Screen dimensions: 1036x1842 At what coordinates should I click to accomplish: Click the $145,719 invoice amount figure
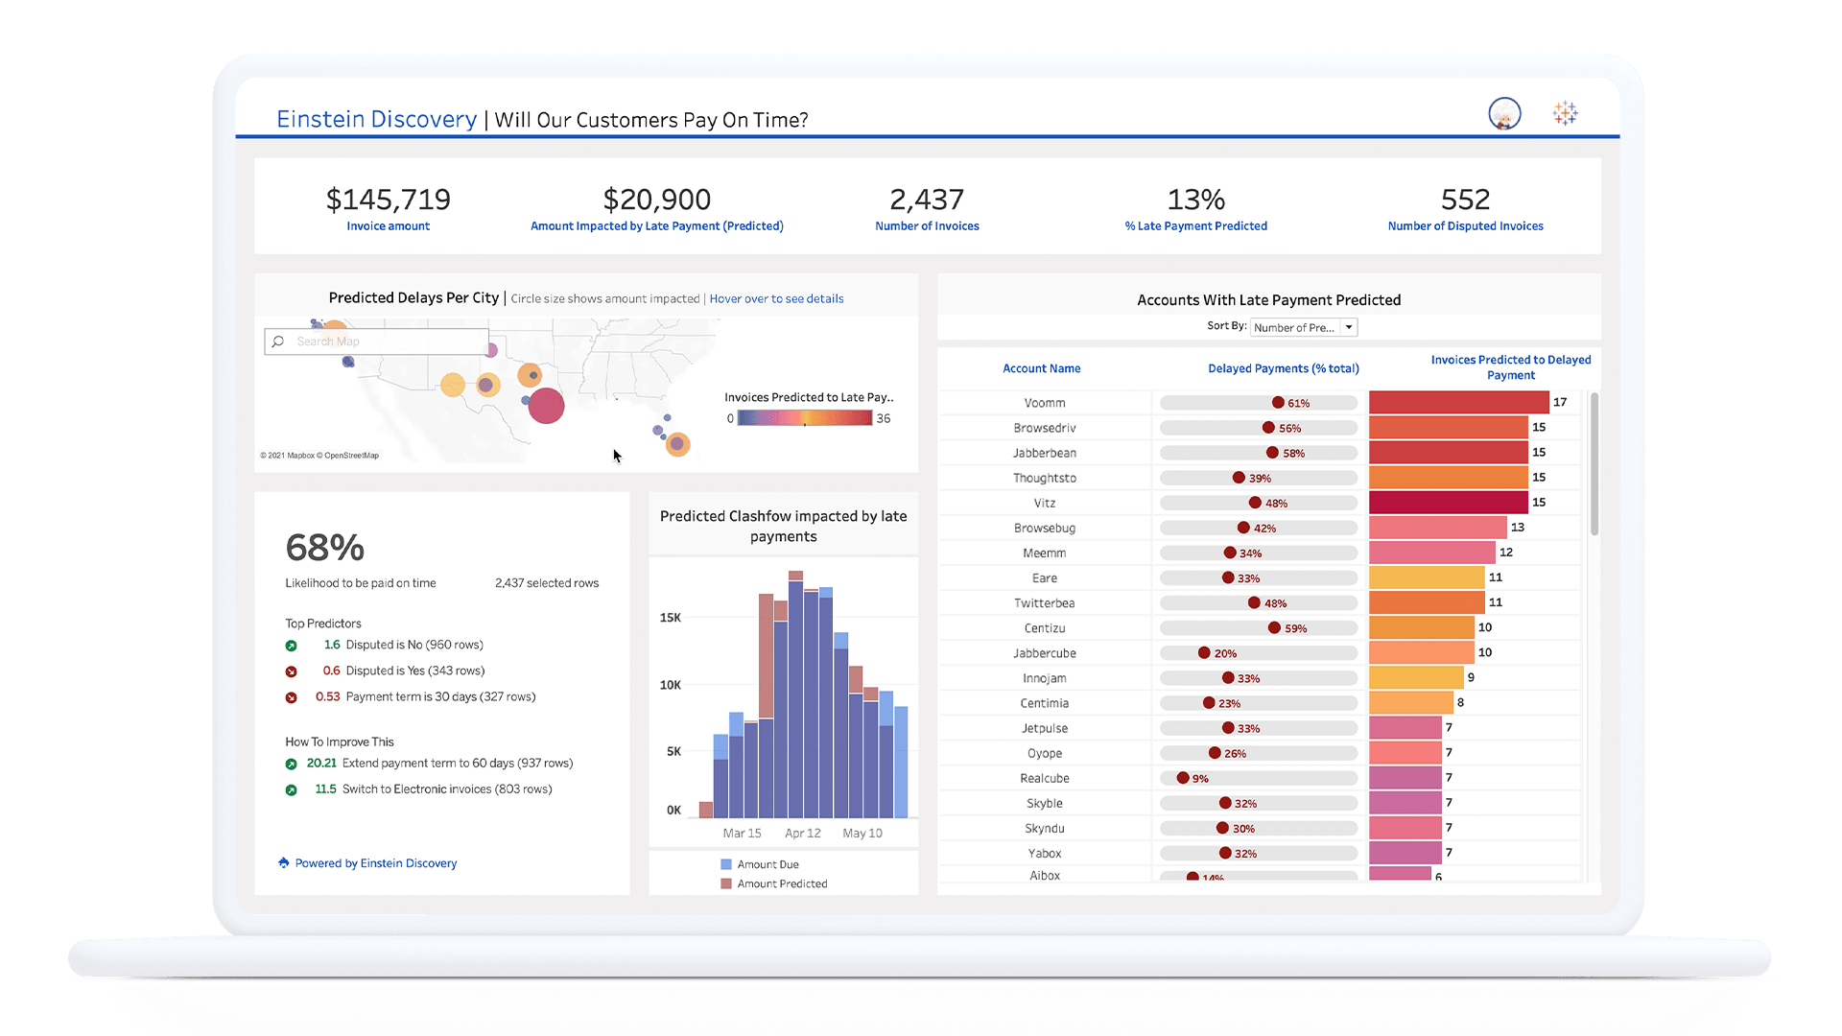coord(388,200)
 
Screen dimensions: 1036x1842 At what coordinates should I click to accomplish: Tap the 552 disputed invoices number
coord(1465,200)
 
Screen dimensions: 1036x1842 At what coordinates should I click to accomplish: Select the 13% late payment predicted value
coord(1195,200)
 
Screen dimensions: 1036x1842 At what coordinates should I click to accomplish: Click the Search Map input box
coord(384,341)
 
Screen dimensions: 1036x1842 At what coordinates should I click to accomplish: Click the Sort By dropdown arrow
coord(1349,327)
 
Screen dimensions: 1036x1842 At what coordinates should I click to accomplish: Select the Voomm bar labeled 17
coord(1458,402)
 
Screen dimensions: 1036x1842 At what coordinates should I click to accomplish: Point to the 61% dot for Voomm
coord(1278,403)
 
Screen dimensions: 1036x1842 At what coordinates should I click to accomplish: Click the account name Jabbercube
coord(1044,653)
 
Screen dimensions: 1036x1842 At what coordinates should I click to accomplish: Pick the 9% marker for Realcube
coord(1183,778)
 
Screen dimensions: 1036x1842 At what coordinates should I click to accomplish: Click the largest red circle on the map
coord(546,406)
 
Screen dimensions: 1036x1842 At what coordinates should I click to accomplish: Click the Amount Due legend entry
coord(767,864)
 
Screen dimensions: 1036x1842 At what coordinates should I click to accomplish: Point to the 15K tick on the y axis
coord(670,618)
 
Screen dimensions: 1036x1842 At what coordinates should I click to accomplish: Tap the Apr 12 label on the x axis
coord(802,833)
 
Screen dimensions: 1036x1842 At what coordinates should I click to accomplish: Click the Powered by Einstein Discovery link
coord(375,863)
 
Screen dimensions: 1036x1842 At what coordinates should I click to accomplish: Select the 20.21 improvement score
coord(321,764)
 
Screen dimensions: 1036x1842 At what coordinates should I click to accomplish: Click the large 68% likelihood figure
coord(325,548)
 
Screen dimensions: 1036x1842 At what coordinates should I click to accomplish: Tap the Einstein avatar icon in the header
coord(1504,114)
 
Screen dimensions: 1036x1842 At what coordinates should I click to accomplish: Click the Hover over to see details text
coord(776,299)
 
